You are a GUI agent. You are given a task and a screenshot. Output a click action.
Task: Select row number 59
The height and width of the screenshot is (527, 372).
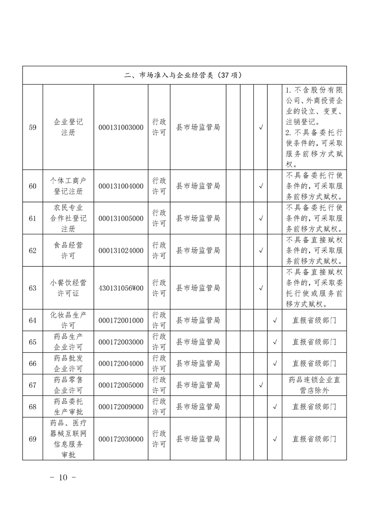(x=32, y=127)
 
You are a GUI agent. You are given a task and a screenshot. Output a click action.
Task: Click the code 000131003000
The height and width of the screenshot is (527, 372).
(x=121, y=127)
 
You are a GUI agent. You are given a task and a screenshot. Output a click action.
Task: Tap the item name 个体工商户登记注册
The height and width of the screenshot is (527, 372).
(x=68, y=186)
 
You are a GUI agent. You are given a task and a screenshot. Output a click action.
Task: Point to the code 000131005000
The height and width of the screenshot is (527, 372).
(x=121, y=218)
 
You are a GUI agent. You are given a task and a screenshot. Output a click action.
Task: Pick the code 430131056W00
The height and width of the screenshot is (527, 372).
(x=121, y=288)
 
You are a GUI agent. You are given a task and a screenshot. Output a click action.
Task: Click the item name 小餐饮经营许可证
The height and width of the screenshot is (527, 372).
(x=68, y=288)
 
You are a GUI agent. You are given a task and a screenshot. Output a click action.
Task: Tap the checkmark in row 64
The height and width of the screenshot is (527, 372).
(x=275, y=321)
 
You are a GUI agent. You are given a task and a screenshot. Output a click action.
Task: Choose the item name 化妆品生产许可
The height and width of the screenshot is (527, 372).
(x=68, y=320)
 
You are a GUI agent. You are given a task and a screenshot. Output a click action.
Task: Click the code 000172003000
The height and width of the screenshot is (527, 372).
(x=121, y=342)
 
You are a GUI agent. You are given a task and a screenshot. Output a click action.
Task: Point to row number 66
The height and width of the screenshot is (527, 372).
(x=32, y=364)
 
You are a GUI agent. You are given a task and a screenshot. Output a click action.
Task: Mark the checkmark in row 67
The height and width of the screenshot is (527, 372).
(x=261, y=385)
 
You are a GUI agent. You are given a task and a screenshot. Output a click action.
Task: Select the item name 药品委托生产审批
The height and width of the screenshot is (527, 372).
(x=68, y=407)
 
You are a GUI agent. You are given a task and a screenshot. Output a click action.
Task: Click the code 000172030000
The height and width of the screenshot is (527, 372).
(x=121, y=439)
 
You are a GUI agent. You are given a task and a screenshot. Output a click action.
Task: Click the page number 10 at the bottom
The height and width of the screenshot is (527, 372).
(x=62, y=478)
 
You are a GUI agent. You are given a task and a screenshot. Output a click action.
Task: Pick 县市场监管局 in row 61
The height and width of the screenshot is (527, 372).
(x=198, y=218)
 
